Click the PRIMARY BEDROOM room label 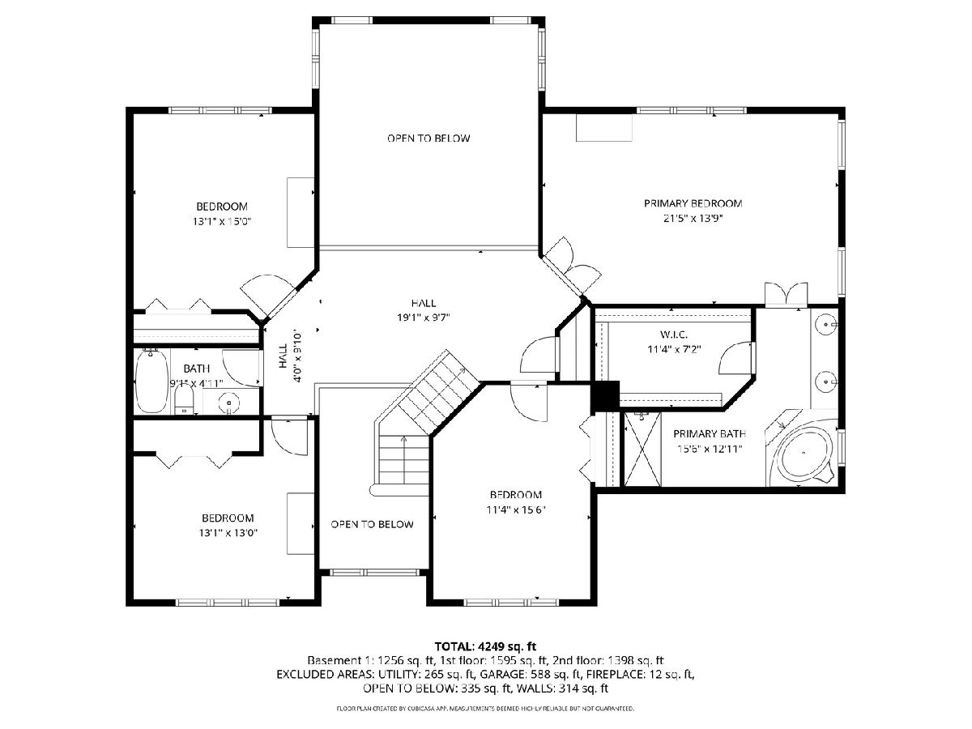(x=693, y=203)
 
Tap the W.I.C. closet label (x=674, y=335)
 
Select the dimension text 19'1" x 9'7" (x=424, y=318)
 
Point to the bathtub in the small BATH (x=151, y=381)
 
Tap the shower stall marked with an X (x=642, y=449)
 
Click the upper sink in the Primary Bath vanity (x=826, y=325)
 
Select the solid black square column (x=605, y=396)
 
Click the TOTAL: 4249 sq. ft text (x=485, y=646)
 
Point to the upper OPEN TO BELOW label (x=428, y=139)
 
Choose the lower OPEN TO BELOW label (x=372, y=525)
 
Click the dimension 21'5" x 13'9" (x=693, y=218)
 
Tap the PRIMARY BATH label (x=710, y=434)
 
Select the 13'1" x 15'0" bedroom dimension (x=222, y=221)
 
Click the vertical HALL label (x=283, y=356)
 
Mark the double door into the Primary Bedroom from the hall (x=572, y=267)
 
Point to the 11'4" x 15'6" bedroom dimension (x=515, y=510)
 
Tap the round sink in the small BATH (x=229, y=403)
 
